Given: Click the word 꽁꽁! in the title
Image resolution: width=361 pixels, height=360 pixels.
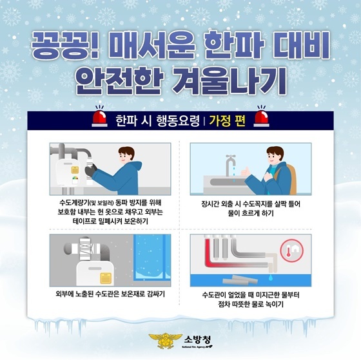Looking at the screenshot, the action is (x=66, y=45).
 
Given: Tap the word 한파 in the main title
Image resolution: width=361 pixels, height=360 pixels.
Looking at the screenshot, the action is (x=233, y=45).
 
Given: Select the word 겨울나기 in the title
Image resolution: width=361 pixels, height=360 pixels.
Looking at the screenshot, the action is (x=229, y=81).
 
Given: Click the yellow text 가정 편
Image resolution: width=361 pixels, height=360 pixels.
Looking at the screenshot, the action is (x=227, y=121).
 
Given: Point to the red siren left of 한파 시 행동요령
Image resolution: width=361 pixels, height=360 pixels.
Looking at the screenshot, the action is (x=100, y=117).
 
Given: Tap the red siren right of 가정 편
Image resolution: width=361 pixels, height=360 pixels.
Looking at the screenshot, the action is (x=261, y=117).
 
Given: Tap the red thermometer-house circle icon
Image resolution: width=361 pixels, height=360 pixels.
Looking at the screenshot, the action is (x=292, y=251).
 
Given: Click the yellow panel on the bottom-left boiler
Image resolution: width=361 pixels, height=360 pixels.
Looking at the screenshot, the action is (x=106, y=278).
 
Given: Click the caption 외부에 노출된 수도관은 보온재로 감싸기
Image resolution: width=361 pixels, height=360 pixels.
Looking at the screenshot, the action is (x=110, y=294).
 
